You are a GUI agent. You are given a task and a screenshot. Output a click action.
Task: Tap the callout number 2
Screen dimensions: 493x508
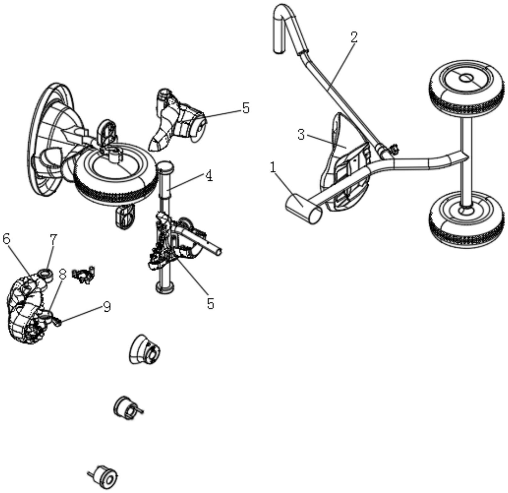tap(354, 37)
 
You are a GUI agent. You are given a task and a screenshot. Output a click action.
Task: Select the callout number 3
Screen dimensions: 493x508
tap(301, 135)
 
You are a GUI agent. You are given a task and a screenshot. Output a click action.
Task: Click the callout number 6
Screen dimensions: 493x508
tap(6, 239)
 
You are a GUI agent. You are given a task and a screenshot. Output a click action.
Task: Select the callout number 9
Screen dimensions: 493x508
tap(107, 307)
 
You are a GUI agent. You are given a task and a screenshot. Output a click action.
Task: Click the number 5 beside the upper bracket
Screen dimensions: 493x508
tap(246, 108)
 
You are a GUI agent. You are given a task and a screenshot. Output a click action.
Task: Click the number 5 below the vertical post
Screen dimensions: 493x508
tap(210, 304)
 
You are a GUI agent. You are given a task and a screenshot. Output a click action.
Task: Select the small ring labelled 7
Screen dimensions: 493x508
tap(45, 274)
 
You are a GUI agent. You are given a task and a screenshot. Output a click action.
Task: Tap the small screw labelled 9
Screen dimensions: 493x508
tap(58, 322)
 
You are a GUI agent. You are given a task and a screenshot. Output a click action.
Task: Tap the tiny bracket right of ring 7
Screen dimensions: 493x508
tap(83, 275)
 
